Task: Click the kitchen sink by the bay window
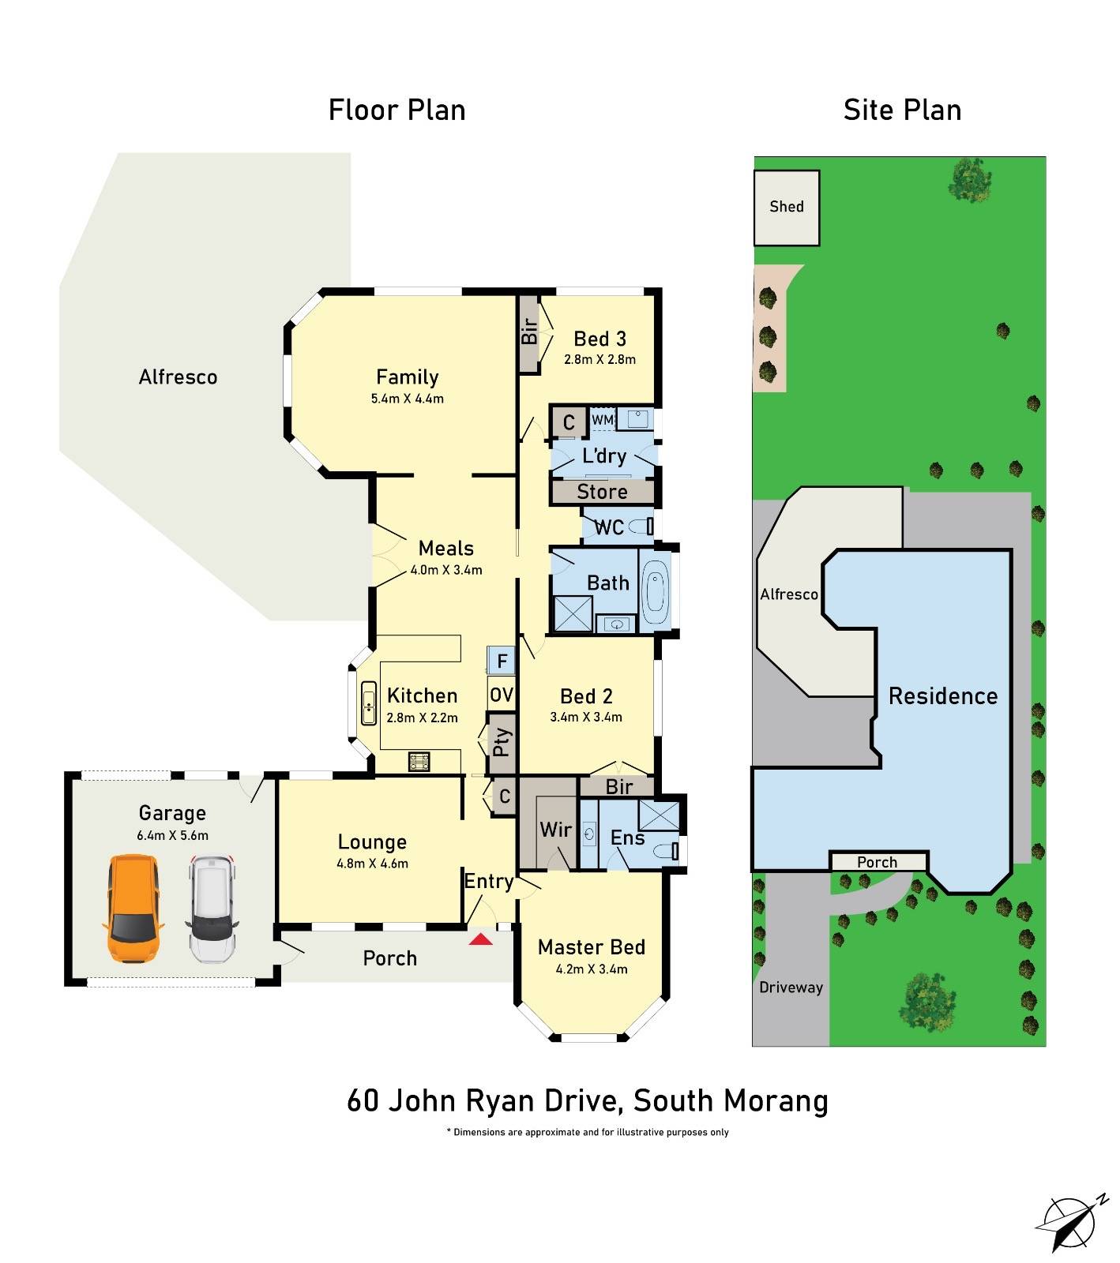pyautogui.click(x=369, y=703)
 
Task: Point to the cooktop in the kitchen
pyautogui.click(x=419, y=762)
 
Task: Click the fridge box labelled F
pyautogui.click(x=502, y=660)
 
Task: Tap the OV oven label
pyautogui.click(x=502, y=695)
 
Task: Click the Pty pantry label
pyautogui.click(x=502, y=742)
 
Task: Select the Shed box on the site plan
pyautogui.click(x=787, y=207)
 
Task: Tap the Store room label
pyautogui.click(x=602, y=492)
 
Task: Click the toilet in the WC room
pyautogui.click(x=646, y=526)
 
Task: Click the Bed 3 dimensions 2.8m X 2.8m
pyautogui.click(x=599, y=359)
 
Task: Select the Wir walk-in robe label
pyautogui.click(x=555, y=830)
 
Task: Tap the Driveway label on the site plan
pyautogui.click(x=791, y=988)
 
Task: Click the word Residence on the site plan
pyautogui.click(x=943, y=696)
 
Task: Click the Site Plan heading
pyautogui.click(x=902, y=110)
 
